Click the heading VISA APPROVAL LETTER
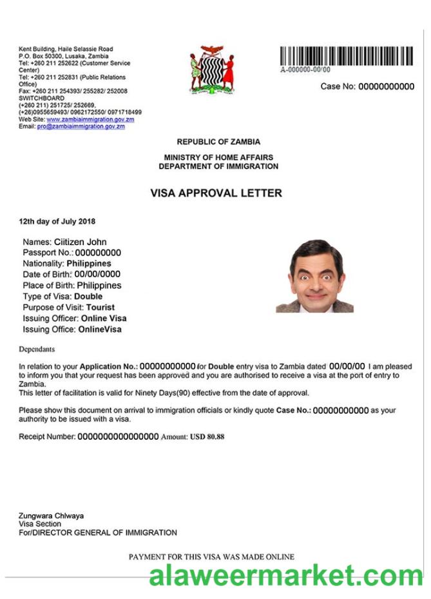pyautogui.click(x=216, y=193)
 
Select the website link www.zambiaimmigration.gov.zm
pyautogui.click(x=90, y=119)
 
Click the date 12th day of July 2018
pyautogui.click(x=57, y=222)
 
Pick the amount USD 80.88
pyautogui.click(x=207, y=437)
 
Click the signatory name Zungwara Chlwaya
pyautogui.click(x=52, y=516)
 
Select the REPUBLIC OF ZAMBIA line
pyautogui.click(x=218, y=142)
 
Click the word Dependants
pyautogui.click(x=37, y=349)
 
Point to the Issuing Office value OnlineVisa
pyautogui.click(x=100, y=329)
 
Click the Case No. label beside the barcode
pyautogui.click(x=338, y=86)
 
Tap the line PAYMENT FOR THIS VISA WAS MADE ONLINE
pyautogui.click(x=211, y=556)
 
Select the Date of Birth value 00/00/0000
pyautogui.click(x=97, y=274)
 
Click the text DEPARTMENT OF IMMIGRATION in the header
pyautogui.click(x=218, y=166)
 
